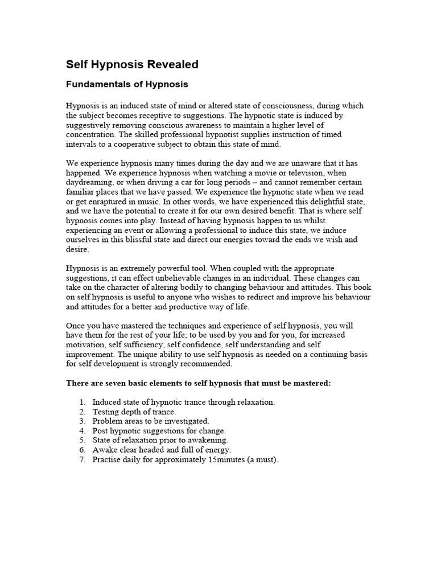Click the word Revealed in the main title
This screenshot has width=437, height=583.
click(x=173, y=65)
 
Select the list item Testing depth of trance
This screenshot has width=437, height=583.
click(x=134, y=412)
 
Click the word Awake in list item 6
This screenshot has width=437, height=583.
click(x=104, y=450)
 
